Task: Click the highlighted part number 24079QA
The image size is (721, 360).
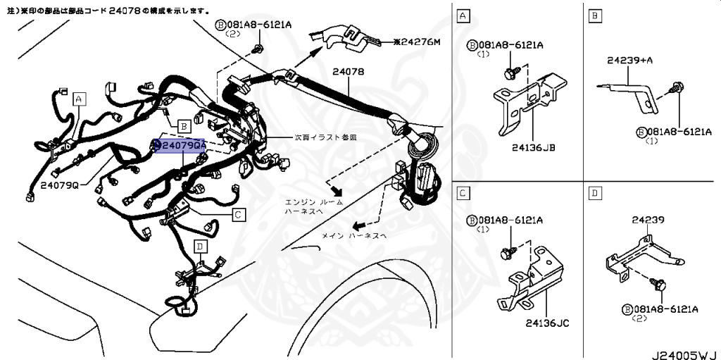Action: pyautogui.click(x=180, y=146)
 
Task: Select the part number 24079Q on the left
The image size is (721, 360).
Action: pyautogui.click(x=64, y=185)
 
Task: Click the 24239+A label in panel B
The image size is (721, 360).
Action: pyautogui.click(x=629, y=61)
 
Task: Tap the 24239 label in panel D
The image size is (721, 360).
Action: pyautogui.click(x=648, y=220)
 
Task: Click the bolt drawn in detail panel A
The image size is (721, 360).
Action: pyautogui.click(x=511, y=71)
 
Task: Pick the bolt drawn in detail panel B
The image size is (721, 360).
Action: pyautogui.click(x=677, y=88)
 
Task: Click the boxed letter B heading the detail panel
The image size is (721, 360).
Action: pyautogui.click(x=595, y=15)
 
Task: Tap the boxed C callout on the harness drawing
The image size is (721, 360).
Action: pyautogui.click(x=238, y=214)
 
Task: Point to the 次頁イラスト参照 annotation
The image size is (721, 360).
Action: pyautogui.click(x=325, y=137)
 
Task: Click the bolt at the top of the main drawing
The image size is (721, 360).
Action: pyautogui.click(x=258, y=49)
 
